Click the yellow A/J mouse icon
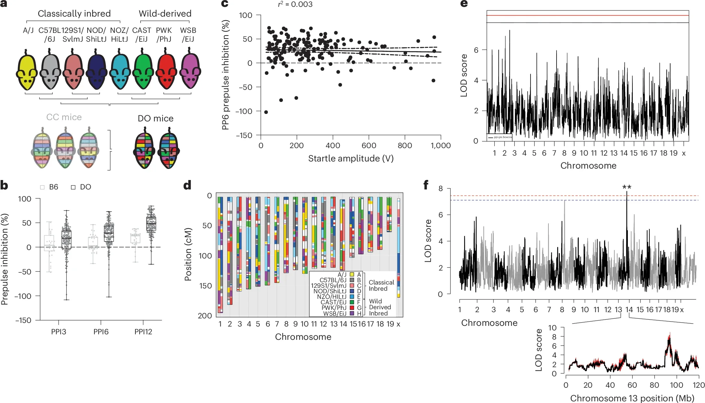coord(26,72)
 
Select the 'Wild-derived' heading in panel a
coord(165,14)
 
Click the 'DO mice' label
coord(155,118)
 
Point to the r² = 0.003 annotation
coord(295,4)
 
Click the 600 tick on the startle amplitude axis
coord(369,146)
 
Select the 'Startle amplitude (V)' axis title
coord(351,159)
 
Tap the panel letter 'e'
coord(464,4)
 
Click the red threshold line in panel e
coord(587,15)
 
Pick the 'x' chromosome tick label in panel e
coord(684,153)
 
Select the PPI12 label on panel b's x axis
coord(143,332)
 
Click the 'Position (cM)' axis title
coord(188,254)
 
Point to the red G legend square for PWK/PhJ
coord(352,308)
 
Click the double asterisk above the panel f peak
coord(627,187)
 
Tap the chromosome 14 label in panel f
coord(629,310)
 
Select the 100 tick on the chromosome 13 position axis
coord(676,385)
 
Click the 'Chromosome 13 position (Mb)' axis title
coord(632,398)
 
